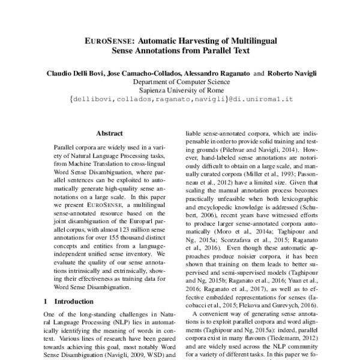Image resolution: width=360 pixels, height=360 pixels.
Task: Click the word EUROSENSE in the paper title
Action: click(110, 41)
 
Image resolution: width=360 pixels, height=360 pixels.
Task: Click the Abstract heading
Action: click(109, 133)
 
